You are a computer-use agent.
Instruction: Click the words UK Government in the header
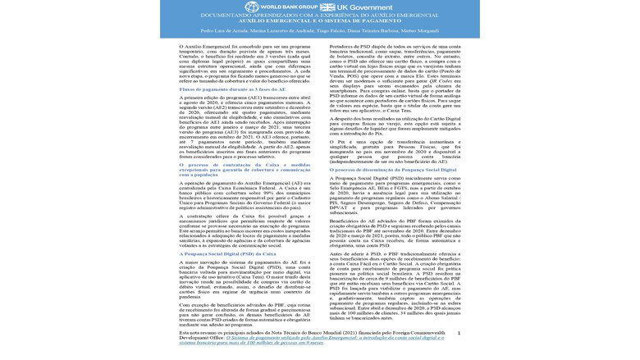(369, 7)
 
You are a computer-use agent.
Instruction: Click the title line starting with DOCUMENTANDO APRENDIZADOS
(320, 16)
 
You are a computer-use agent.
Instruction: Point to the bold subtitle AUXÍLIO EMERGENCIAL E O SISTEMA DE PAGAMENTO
(320, 24)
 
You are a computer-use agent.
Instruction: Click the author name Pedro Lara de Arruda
(207, 32)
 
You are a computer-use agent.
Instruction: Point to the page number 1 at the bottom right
(459, 333)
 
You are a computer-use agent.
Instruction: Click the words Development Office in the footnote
(202, 336)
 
